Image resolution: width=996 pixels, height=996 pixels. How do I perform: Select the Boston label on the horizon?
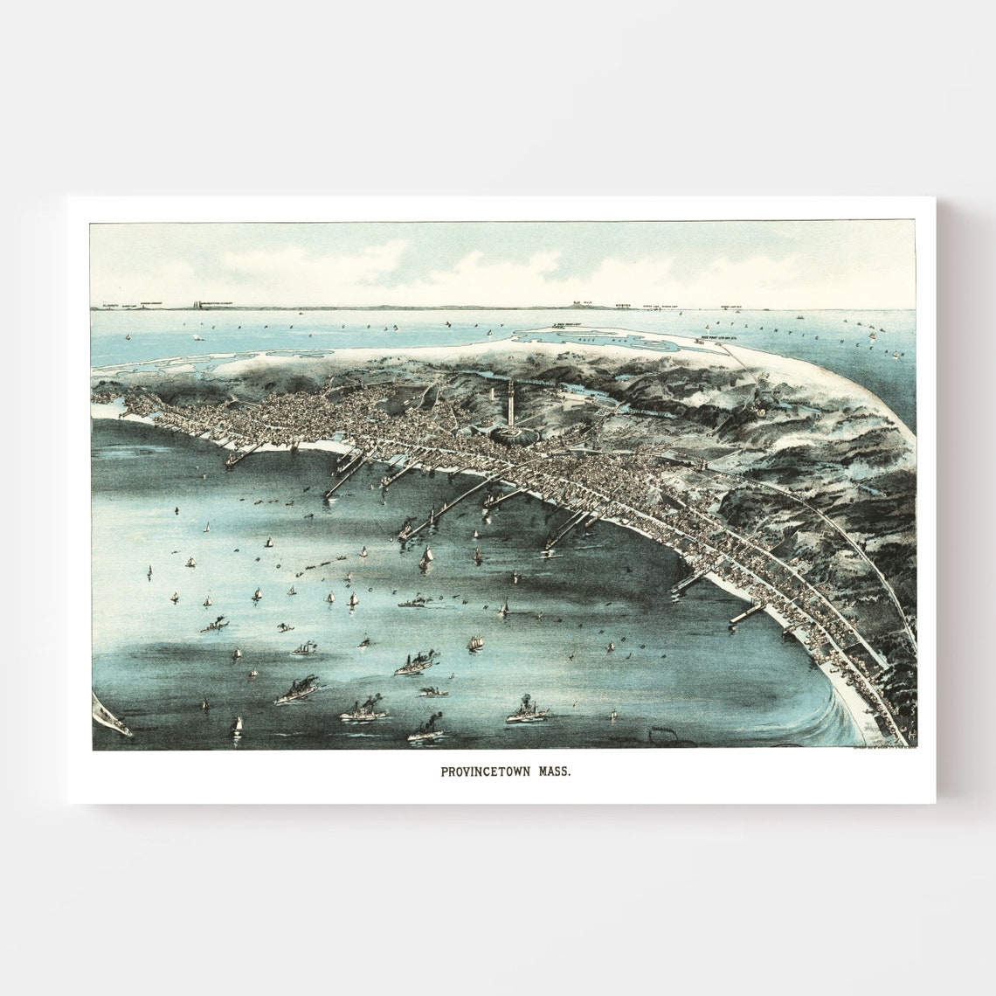(x=622, y=306)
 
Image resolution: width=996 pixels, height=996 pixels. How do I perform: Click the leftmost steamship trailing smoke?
(x=213, y=626)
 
